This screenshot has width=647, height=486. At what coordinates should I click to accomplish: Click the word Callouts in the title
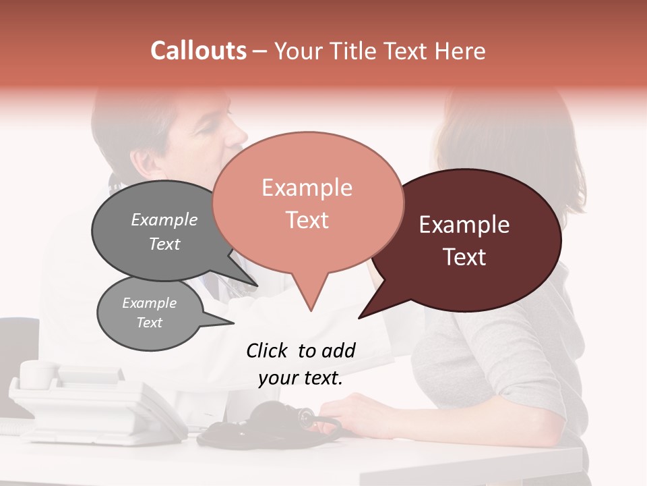pyautogui.click(x=198, y=51)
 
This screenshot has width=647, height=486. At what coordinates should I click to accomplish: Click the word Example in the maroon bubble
pyautogui.click(x=464, y=225)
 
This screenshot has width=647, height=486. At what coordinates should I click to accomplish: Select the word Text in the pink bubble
pyautogui.click(x=307, y=220)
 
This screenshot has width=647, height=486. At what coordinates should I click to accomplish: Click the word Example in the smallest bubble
pyautogui.click(x=149, y=303)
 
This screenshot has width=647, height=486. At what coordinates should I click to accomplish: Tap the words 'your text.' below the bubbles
pyautogui.click(x=301, y=378)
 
